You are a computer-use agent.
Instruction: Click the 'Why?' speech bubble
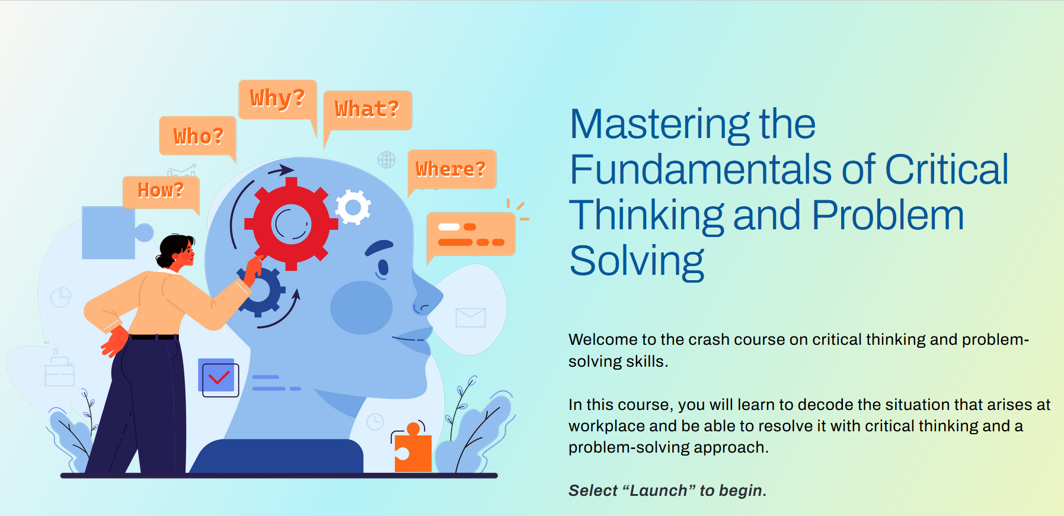277,100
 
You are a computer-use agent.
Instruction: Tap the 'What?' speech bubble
368,110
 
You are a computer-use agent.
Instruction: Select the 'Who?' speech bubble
198,136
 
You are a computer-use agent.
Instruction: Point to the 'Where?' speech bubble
452,169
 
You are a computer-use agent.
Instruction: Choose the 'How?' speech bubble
161,192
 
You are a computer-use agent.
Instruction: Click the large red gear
291,224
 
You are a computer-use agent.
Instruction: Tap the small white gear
353,207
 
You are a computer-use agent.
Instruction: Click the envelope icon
471,318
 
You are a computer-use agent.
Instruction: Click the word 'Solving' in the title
637,262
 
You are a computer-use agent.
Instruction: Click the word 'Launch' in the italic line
659,491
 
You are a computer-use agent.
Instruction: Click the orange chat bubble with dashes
471,236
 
